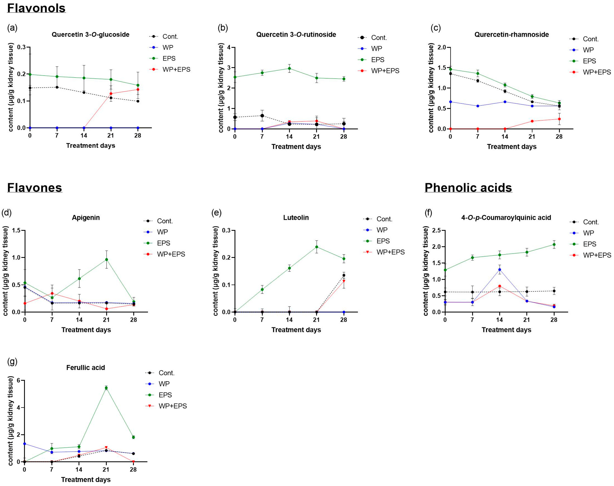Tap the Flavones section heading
(x=34, y=188)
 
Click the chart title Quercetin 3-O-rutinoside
(x=296, y=34)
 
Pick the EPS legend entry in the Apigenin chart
(x=163, y=243)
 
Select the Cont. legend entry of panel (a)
(x=170, y=36)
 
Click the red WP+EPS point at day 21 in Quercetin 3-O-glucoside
(x=111, y=94)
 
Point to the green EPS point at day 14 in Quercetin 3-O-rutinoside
(x=289, y=68)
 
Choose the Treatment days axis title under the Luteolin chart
(x=296, y=330)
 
